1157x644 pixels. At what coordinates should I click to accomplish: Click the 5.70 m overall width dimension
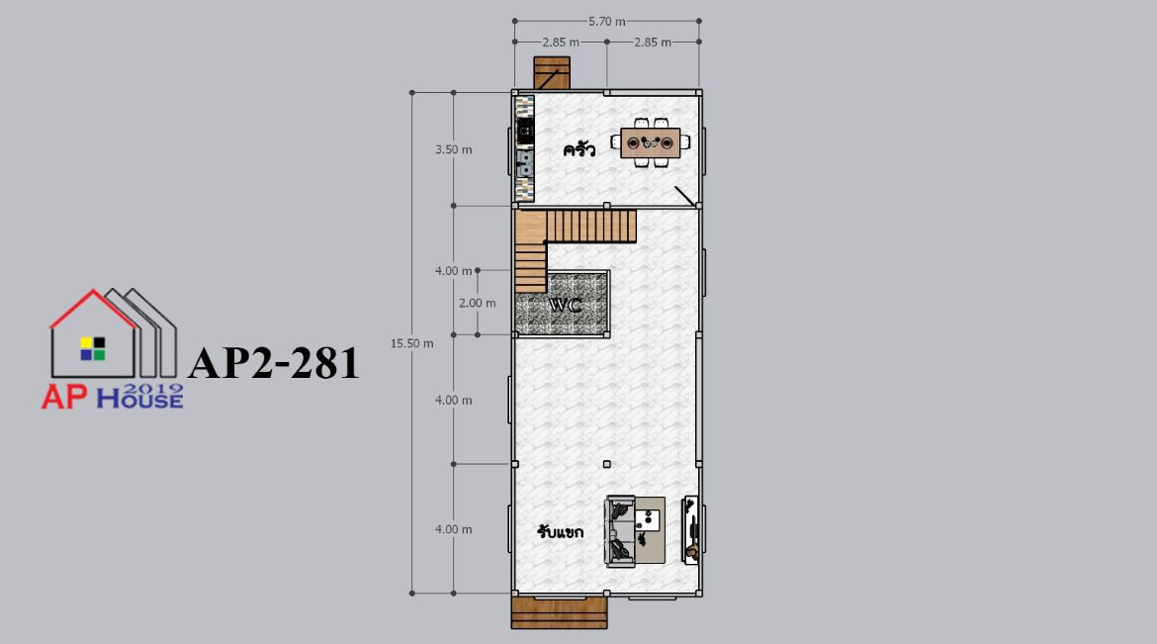tap(606, 22)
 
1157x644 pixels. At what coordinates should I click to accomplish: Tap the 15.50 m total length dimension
tap(411, 343)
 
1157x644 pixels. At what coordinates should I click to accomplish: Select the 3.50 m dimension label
tap(453, 149)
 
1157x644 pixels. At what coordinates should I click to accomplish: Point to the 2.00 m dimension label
tap(478, 303)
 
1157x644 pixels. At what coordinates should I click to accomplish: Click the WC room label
tap(566, 305)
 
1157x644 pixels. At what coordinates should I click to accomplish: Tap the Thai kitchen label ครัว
tap(579, 150)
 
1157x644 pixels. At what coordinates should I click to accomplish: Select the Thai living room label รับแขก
tap(561, 531)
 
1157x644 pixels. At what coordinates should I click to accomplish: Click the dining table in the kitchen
tap(650, 142)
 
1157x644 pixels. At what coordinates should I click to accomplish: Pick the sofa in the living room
tap(620, 531)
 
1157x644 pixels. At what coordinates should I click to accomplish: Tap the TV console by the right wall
tap(691, 530)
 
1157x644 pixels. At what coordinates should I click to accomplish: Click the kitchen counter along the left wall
tap(525, 148)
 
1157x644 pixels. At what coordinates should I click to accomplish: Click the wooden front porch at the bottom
tap(560, 612)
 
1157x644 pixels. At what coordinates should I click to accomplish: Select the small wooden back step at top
tap(552, 73)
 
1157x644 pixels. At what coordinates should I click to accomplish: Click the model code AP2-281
tap(274, 363)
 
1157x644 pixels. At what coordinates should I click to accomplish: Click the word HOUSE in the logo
tap(140, 399)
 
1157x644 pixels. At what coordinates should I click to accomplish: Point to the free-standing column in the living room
tap(606, 464)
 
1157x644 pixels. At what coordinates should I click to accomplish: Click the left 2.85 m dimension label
tap(561, 43)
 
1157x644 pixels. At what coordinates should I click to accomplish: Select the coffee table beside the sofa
tap(650, 529)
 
